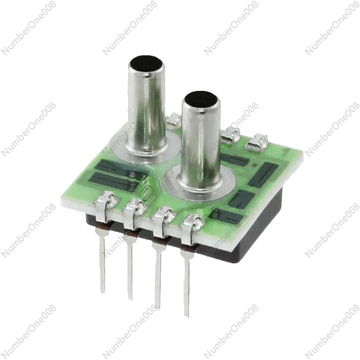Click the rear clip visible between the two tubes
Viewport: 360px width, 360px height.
coord(174,120)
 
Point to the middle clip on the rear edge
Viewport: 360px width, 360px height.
coord(232,132)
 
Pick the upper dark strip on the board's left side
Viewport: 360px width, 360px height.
coord(115,167)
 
